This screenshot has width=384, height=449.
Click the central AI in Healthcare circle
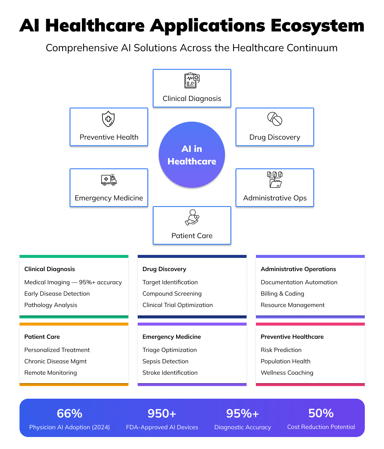tap(192, 155)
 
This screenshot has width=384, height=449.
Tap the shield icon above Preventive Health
tap(108, 119)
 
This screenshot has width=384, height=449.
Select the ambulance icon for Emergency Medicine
tap(109, 180)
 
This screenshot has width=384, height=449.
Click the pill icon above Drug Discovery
tap(275, 119)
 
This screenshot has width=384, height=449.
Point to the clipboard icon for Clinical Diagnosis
tap(192, 80)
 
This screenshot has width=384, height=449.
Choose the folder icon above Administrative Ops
tap(275, 180)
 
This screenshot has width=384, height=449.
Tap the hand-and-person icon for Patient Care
tap(192, 217)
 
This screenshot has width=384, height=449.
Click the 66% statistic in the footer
tap(70, 413)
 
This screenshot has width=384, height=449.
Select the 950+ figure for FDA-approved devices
tap(162, 413)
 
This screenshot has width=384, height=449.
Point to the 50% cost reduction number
tap(321, 413)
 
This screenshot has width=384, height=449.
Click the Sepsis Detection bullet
tap(165, 361)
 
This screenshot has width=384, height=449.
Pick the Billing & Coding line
tap(282, 294)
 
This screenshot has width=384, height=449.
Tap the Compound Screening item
tap(172, 294)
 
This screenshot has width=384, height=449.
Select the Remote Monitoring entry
tap(50, 373)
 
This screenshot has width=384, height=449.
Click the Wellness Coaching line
tap(287, 373)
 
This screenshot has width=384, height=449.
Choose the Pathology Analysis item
tap(51, 305)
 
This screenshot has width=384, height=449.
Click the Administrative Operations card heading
tap(298, 269)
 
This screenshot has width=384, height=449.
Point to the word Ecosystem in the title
tap(317, 25)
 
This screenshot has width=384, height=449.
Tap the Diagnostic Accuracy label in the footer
tap(242, 427)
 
